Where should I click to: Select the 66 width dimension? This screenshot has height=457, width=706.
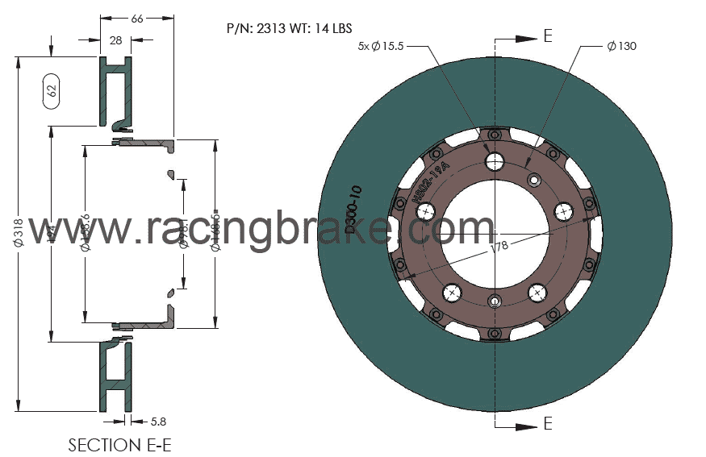click(136, 19)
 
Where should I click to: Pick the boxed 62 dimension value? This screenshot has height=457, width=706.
click(52, 91)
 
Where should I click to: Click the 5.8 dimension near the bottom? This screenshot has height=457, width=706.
click(160, 421)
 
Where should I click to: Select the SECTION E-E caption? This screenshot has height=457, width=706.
click(119, 445)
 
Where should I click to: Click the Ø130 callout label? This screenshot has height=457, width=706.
click(621, 46)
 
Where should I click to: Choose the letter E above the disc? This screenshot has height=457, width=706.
click(548, 36)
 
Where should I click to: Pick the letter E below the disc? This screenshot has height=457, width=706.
click(548, 423)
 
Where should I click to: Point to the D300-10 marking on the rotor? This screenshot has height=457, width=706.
click(353, 209)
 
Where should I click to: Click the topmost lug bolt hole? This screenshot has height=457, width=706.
click(495, 161)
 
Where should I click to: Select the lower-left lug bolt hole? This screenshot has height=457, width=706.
click(450, 292)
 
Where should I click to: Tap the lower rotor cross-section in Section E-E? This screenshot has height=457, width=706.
click(114, 375)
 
